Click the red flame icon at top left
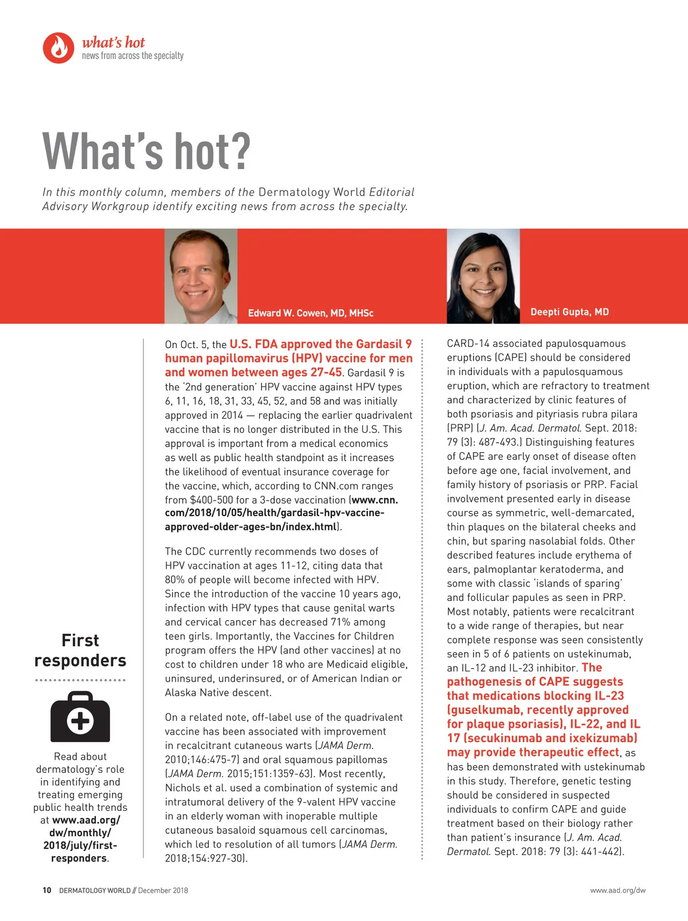click(x=58, y=48)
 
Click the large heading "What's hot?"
click(x=147, y=151)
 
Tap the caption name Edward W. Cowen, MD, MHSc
click(x=310, y=313)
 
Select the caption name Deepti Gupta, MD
click(x=569, y=312)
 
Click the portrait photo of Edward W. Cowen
click(x=201, y=276)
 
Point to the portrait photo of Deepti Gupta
click(x=483, y=276)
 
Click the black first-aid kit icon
click(x=80, y=717)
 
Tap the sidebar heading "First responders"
click(x=80, y=650)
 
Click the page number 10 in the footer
click(x=47, y=891)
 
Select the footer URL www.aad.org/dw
click(x=617, y=891)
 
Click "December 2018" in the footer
click(x=163, y=891)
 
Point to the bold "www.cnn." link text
click(x=375, y=499)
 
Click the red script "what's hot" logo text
click(x=114, y=42)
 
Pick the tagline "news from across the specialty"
click(x=132, y=56)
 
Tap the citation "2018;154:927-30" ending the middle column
click(x=204, y=858)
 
